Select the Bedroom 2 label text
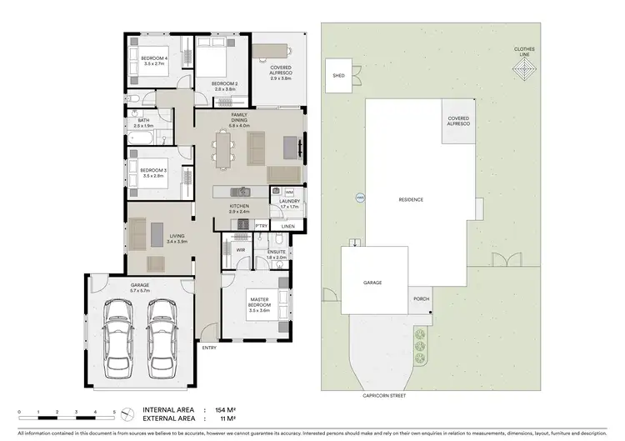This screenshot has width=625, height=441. pos(225,86)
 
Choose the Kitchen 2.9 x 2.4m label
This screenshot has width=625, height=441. pos(239,208)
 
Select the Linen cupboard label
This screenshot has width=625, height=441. pos(287,226)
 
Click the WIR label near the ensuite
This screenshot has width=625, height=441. pos(240,248)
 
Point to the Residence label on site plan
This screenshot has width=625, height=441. pos(411,199)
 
